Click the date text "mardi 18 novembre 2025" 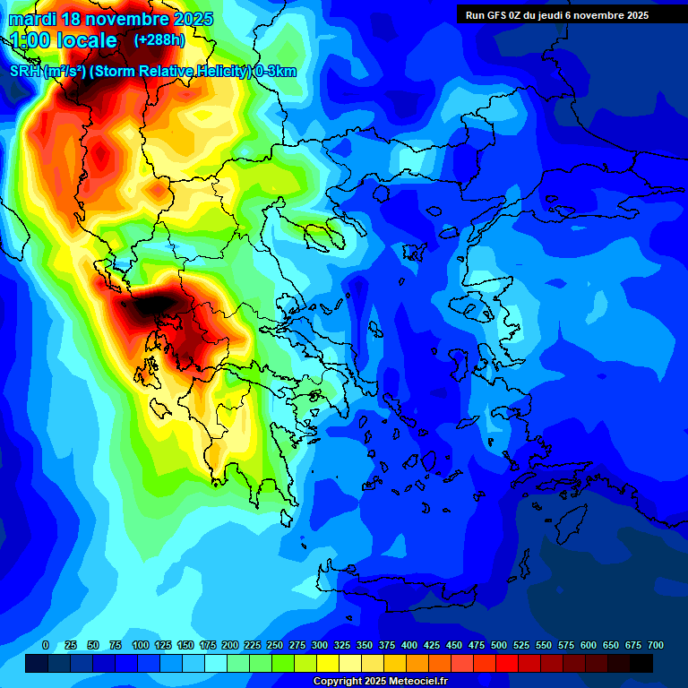[x=110, y=19]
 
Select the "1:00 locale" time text [x=64, y=40]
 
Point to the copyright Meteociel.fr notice [x=380, y=682]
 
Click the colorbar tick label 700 [x=656, y=645]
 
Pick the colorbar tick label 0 [x=46, y=645]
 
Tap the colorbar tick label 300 [x=320, y=645]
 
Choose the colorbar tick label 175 [x=208, y=645]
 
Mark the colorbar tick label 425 [x=432, y=645]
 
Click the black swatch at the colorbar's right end [x=641, y=663]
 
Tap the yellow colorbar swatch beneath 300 [x=328, y=663]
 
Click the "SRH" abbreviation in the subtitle [x=24, y=72]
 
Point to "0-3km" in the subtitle [x=275, y=72]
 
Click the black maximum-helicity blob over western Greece [x=152, y=305]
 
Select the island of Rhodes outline [x=567, y=521]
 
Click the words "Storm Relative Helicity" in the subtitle [x=167, y=72]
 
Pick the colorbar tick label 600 [x=589, y=645]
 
